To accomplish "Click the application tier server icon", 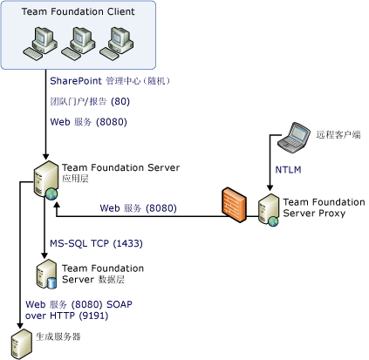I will click(x=44, y=180).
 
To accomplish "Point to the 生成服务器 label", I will click(x=60, y=336).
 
